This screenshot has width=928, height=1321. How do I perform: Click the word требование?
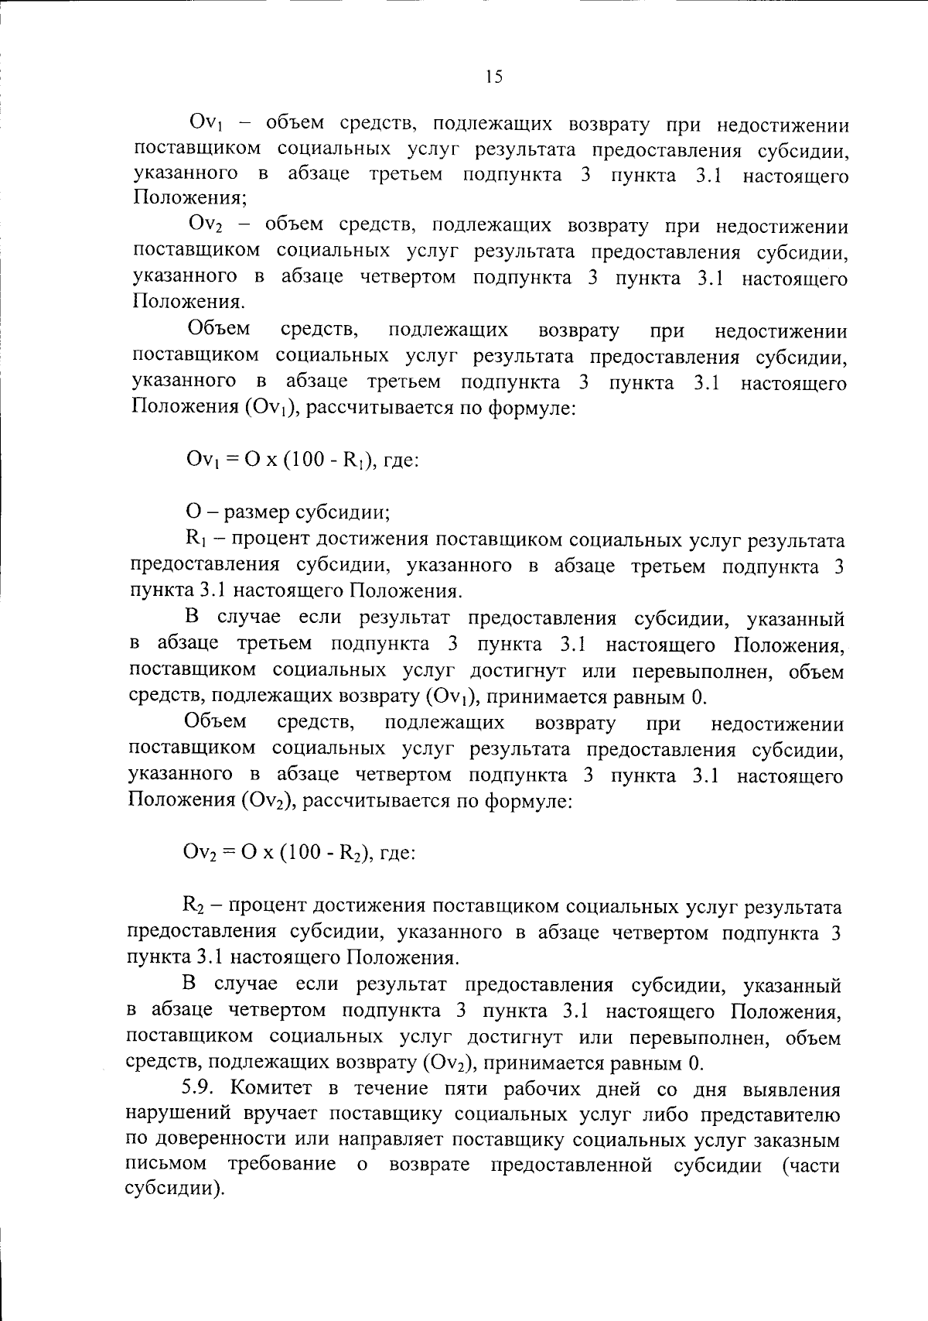click(281, 1165)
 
